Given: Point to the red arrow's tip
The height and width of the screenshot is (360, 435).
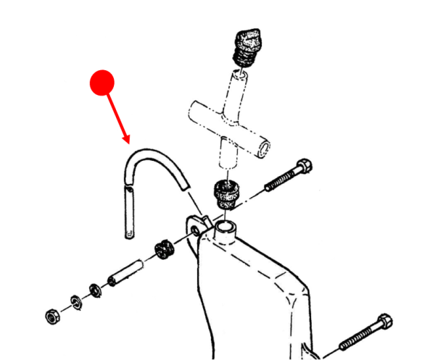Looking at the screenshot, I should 128,142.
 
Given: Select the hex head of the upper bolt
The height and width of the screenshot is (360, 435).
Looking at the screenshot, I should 304,166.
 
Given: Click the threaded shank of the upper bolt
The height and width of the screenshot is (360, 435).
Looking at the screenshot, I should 279,179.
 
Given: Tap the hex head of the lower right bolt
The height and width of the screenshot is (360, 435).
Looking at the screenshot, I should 383,322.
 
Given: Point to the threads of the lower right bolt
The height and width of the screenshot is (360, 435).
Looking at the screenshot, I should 355,338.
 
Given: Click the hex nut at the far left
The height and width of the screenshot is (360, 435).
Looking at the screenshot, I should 52,317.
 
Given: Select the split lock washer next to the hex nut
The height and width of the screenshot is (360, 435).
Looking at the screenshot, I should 75,301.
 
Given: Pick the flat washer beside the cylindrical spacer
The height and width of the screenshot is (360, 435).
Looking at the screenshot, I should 95,290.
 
